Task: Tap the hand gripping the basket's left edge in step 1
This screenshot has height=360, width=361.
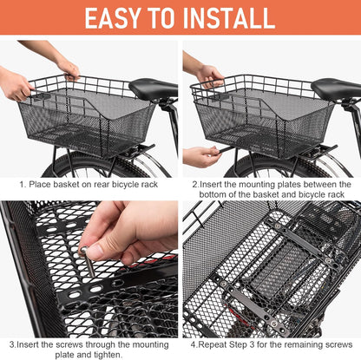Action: point(16,85)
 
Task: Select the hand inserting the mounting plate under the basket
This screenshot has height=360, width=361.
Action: point(201,156)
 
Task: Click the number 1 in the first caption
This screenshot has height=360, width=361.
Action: point(23,184)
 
